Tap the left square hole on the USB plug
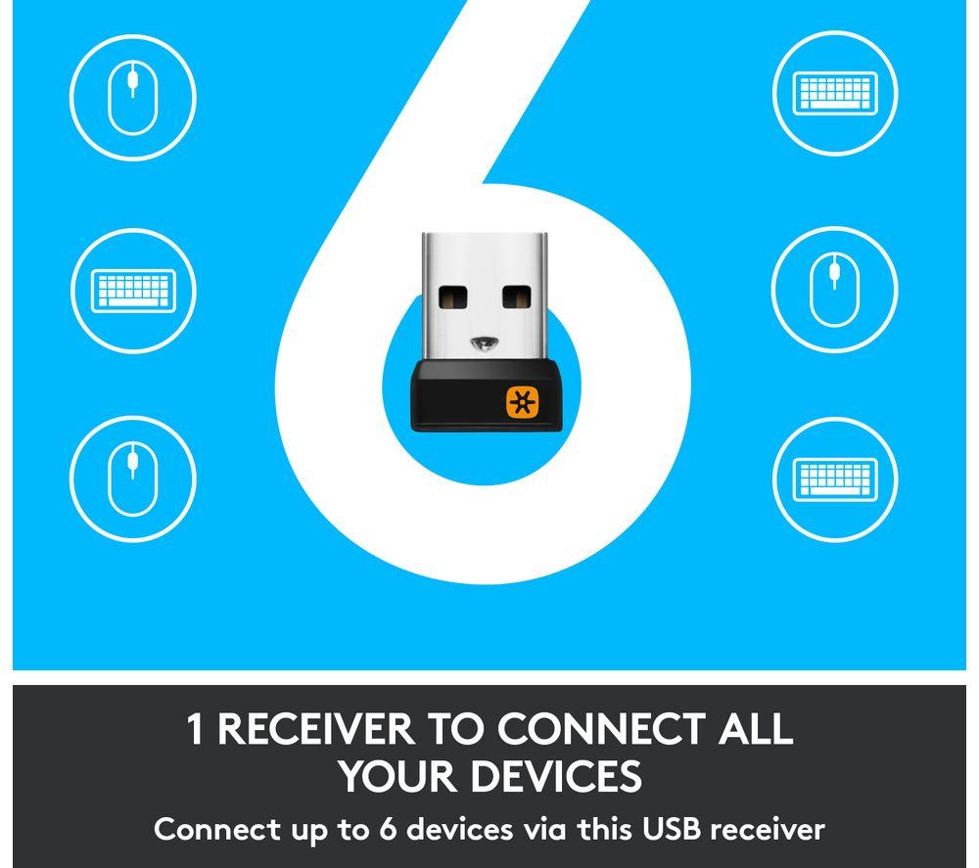453,297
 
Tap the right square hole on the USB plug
516,297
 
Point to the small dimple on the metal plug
485,342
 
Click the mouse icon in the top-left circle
132,97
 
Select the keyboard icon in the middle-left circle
133,291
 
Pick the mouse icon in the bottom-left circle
132,479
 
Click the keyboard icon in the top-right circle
835,93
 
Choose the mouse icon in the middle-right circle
835,289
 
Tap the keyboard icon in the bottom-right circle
835,480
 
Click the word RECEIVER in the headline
315,728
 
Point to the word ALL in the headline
754,728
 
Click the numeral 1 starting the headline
196,728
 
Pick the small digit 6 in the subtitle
388,829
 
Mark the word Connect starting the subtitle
216,829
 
